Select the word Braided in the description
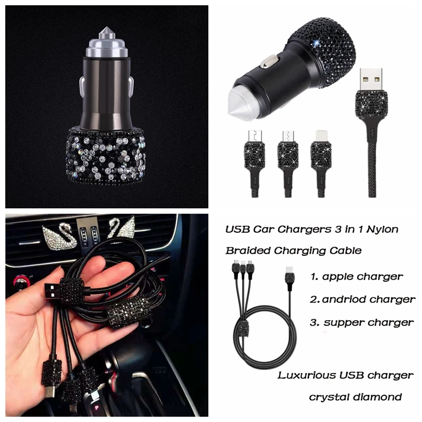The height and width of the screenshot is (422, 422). click(x=247, y=251)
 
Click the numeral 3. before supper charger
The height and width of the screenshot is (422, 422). click(x=314, y=322)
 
